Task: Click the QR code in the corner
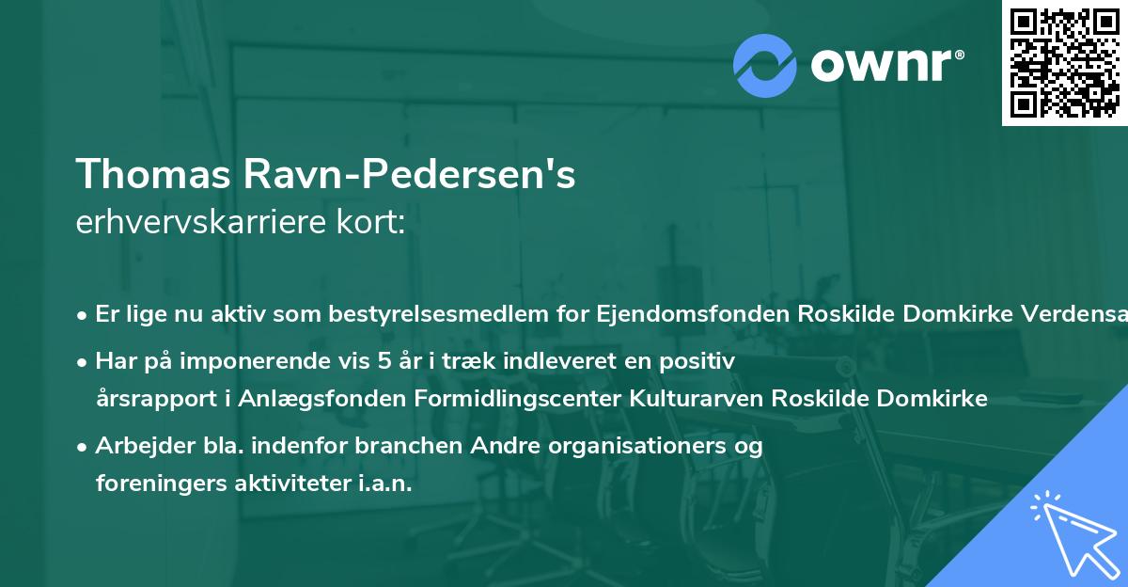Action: click(1064, 63)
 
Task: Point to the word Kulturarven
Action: click(693, 399)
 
